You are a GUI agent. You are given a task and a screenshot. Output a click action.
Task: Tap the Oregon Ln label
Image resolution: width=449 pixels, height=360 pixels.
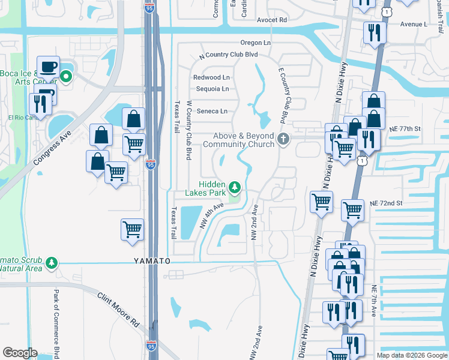256,43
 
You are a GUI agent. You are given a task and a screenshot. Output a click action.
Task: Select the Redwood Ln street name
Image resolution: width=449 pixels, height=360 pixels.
211,77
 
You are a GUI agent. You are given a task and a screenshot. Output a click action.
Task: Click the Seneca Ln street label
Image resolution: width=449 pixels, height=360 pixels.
212,111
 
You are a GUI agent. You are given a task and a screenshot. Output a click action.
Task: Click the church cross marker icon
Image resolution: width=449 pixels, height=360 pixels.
283,140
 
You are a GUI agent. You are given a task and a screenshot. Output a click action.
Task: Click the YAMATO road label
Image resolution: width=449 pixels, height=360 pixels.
152,262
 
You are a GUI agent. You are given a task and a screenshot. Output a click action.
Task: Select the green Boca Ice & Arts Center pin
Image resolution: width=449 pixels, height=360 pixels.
66,77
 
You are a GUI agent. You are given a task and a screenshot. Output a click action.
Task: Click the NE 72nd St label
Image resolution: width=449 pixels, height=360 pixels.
385,204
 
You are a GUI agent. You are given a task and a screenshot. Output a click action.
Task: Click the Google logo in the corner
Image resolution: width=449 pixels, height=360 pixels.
20,353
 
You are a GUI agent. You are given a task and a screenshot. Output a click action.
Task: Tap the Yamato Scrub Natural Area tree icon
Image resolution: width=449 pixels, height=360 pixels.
52,262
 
